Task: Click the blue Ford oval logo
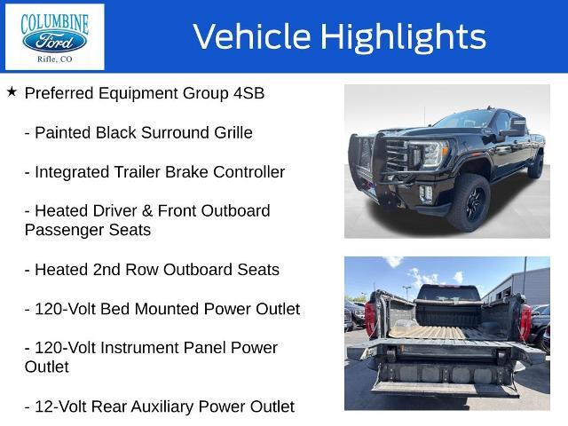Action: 55,42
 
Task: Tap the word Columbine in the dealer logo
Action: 55,24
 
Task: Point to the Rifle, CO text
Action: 55,59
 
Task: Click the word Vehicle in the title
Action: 252,36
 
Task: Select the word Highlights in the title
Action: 403,37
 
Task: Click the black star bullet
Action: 12,92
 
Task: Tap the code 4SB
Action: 248,93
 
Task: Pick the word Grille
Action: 233,132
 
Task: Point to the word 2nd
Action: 107,270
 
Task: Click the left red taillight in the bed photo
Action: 371,319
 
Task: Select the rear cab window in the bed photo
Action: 449,294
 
